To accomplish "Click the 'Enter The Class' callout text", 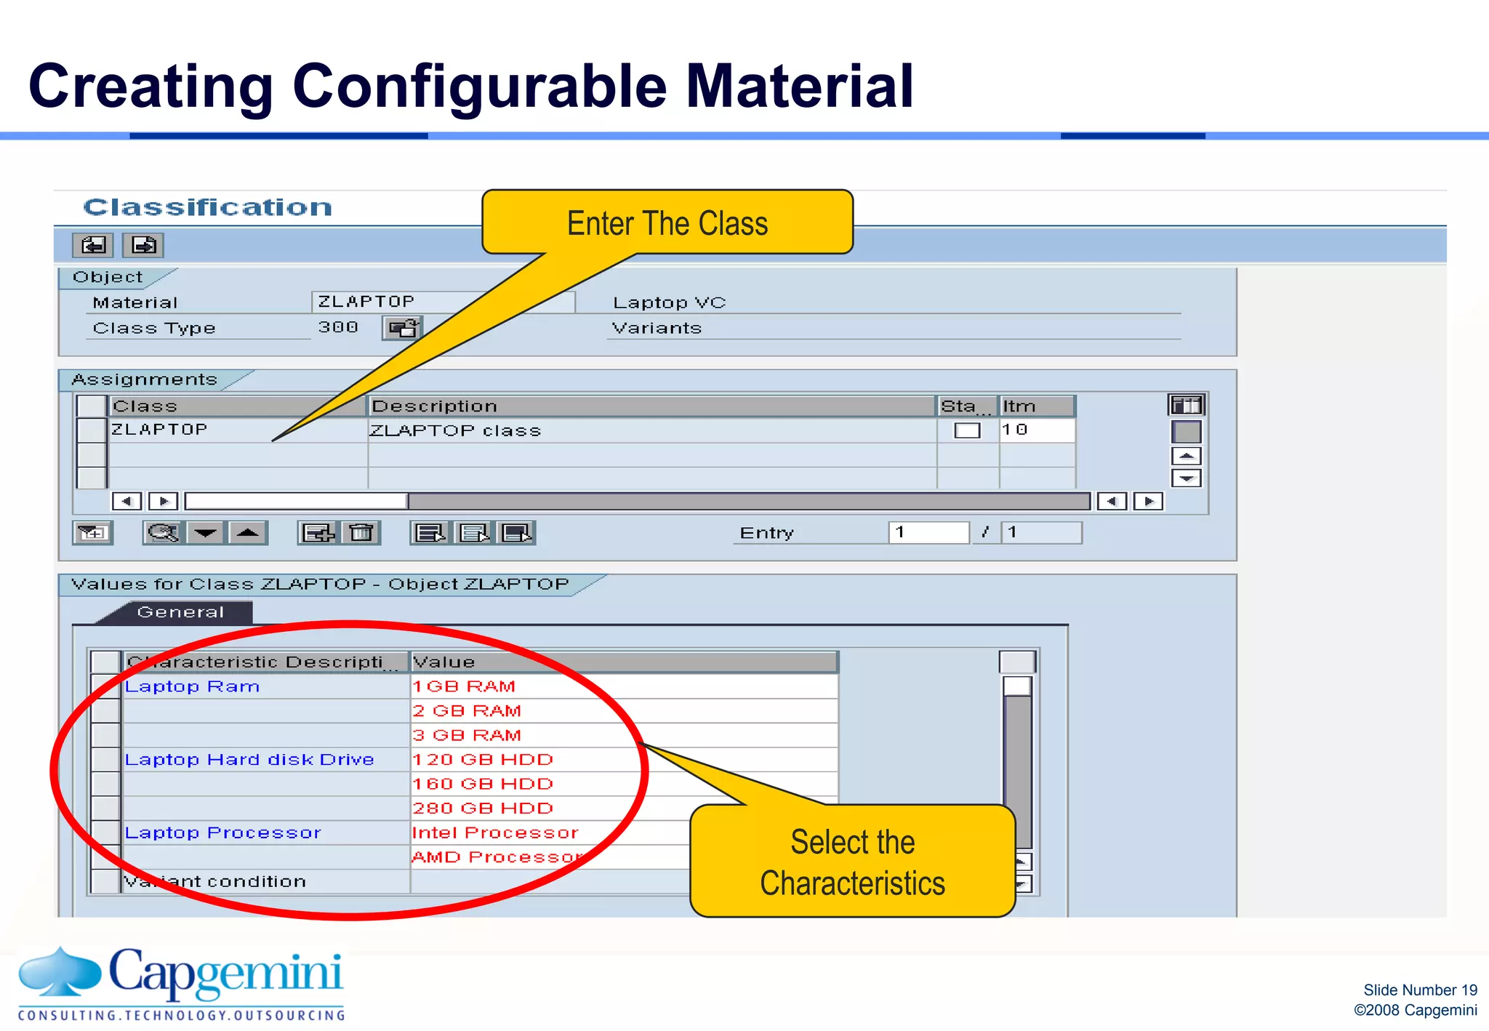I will click(x=667, y=223).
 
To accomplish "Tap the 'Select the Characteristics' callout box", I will click(x=852, y=862).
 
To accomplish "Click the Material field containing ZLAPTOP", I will click(x=442, y=302).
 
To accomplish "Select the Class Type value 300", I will click(x=338, y=328).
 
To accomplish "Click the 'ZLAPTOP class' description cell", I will click(x=456, y=430).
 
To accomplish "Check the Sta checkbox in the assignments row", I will click(x=967, y=430).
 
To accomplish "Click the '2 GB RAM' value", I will click(x=467, y=711).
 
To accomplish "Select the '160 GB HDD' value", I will click(x=483, y=784).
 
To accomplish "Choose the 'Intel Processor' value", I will click(x=495, y=833).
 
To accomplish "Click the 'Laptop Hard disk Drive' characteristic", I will click(x=249, y=760).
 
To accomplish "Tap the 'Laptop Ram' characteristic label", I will click(x=192, y=686).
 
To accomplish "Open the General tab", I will click(x=180, y=612).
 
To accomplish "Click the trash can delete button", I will click(x=361, y=533).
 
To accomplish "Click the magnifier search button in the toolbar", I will click(x=163, y=533).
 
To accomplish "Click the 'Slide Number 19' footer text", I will click(x=1419, y=990).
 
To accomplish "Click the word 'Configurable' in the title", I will click(x=479, y=87).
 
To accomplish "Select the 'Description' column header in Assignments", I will click(x=434, y=406).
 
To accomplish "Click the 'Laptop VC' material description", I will click(x=669, y=302).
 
